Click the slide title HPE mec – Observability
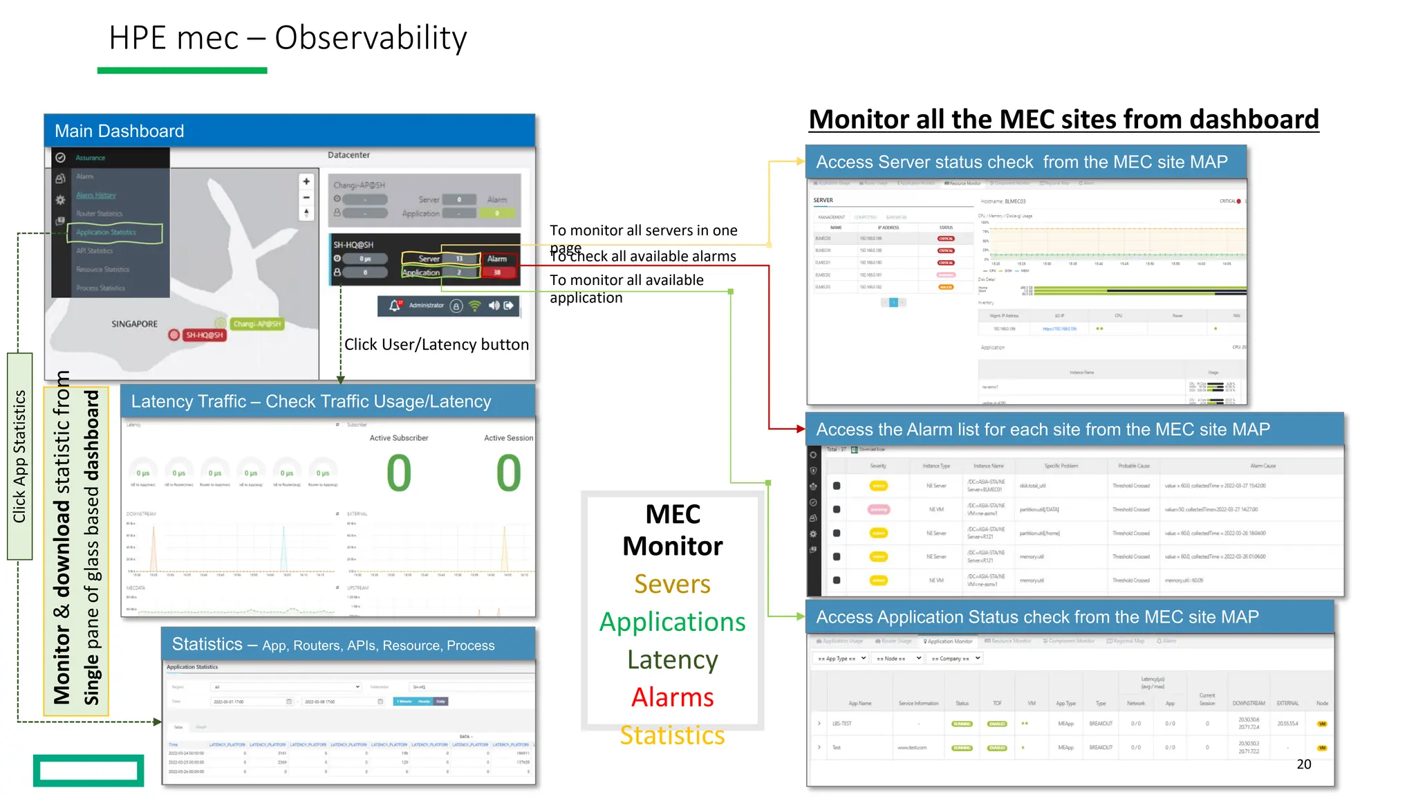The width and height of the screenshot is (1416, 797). (288, 38)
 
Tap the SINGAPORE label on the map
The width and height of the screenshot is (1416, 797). (134, 324)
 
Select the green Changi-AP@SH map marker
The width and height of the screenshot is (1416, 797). (257, 324)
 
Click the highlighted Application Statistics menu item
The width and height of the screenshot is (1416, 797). (114, 232)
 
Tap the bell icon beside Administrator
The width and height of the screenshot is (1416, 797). (394, 305)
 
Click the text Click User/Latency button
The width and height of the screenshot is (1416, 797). (436, 345)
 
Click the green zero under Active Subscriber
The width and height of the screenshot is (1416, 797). (399, 474)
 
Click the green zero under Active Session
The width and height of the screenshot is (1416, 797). (508, 474)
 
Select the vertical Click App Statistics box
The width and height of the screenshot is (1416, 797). (20, 456)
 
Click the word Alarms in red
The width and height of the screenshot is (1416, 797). (672, 697)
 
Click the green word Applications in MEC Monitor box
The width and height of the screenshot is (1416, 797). (672, 622)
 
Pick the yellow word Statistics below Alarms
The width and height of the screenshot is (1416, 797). (672, 735)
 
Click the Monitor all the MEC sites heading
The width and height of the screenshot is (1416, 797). (1063, 120)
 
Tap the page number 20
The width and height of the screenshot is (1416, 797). (1303, 764)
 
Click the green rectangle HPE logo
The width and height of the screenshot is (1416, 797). (88, 770)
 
